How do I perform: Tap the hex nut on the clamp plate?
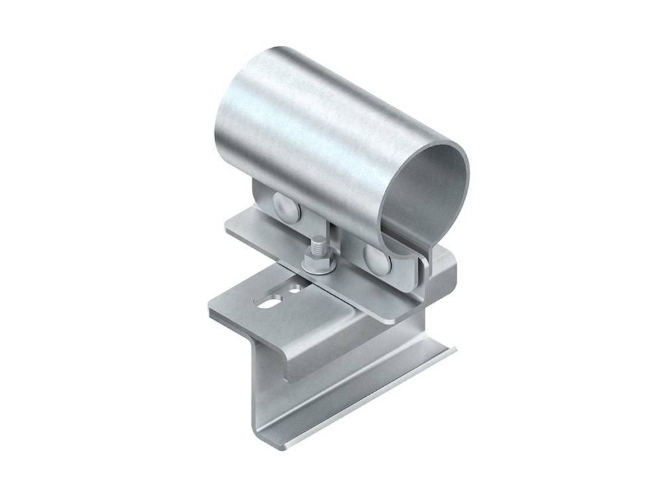(x=318, y=261)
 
